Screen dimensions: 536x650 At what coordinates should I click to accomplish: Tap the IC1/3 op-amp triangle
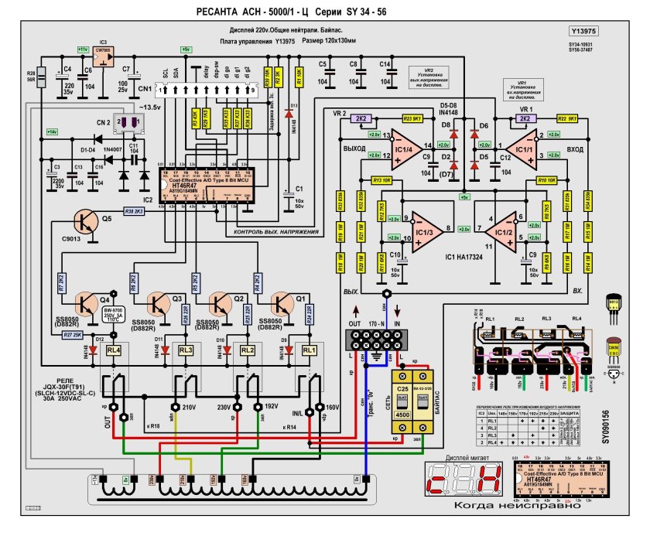click(422, 229)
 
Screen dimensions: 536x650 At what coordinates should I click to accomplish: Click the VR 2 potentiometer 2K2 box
click(361, 118)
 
